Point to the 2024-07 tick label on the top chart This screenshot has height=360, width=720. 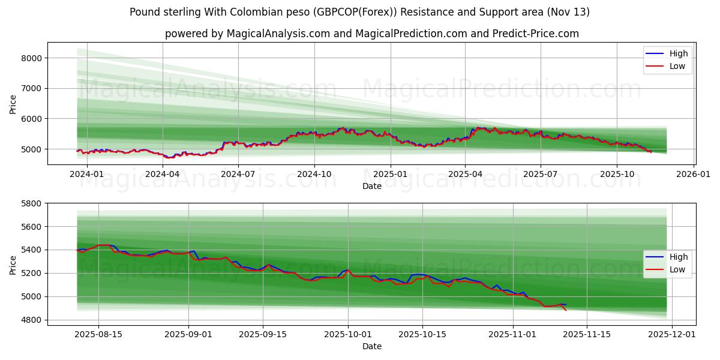tap(238, 175)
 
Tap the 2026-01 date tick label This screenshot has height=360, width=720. tap(694, 175)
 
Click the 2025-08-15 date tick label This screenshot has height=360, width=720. tap(98, 334)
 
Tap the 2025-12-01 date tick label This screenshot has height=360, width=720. tap(672, 334)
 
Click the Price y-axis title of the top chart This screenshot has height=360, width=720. tap(13, 104)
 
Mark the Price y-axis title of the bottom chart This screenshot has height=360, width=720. tap(13, 265)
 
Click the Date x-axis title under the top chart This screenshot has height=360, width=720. tap(371, 187)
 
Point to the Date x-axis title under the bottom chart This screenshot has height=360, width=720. tap(371, 346)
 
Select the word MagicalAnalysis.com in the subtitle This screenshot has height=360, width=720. tap(278, 34)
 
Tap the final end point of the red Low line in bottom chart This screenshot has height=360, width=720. tap(566, 310)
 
